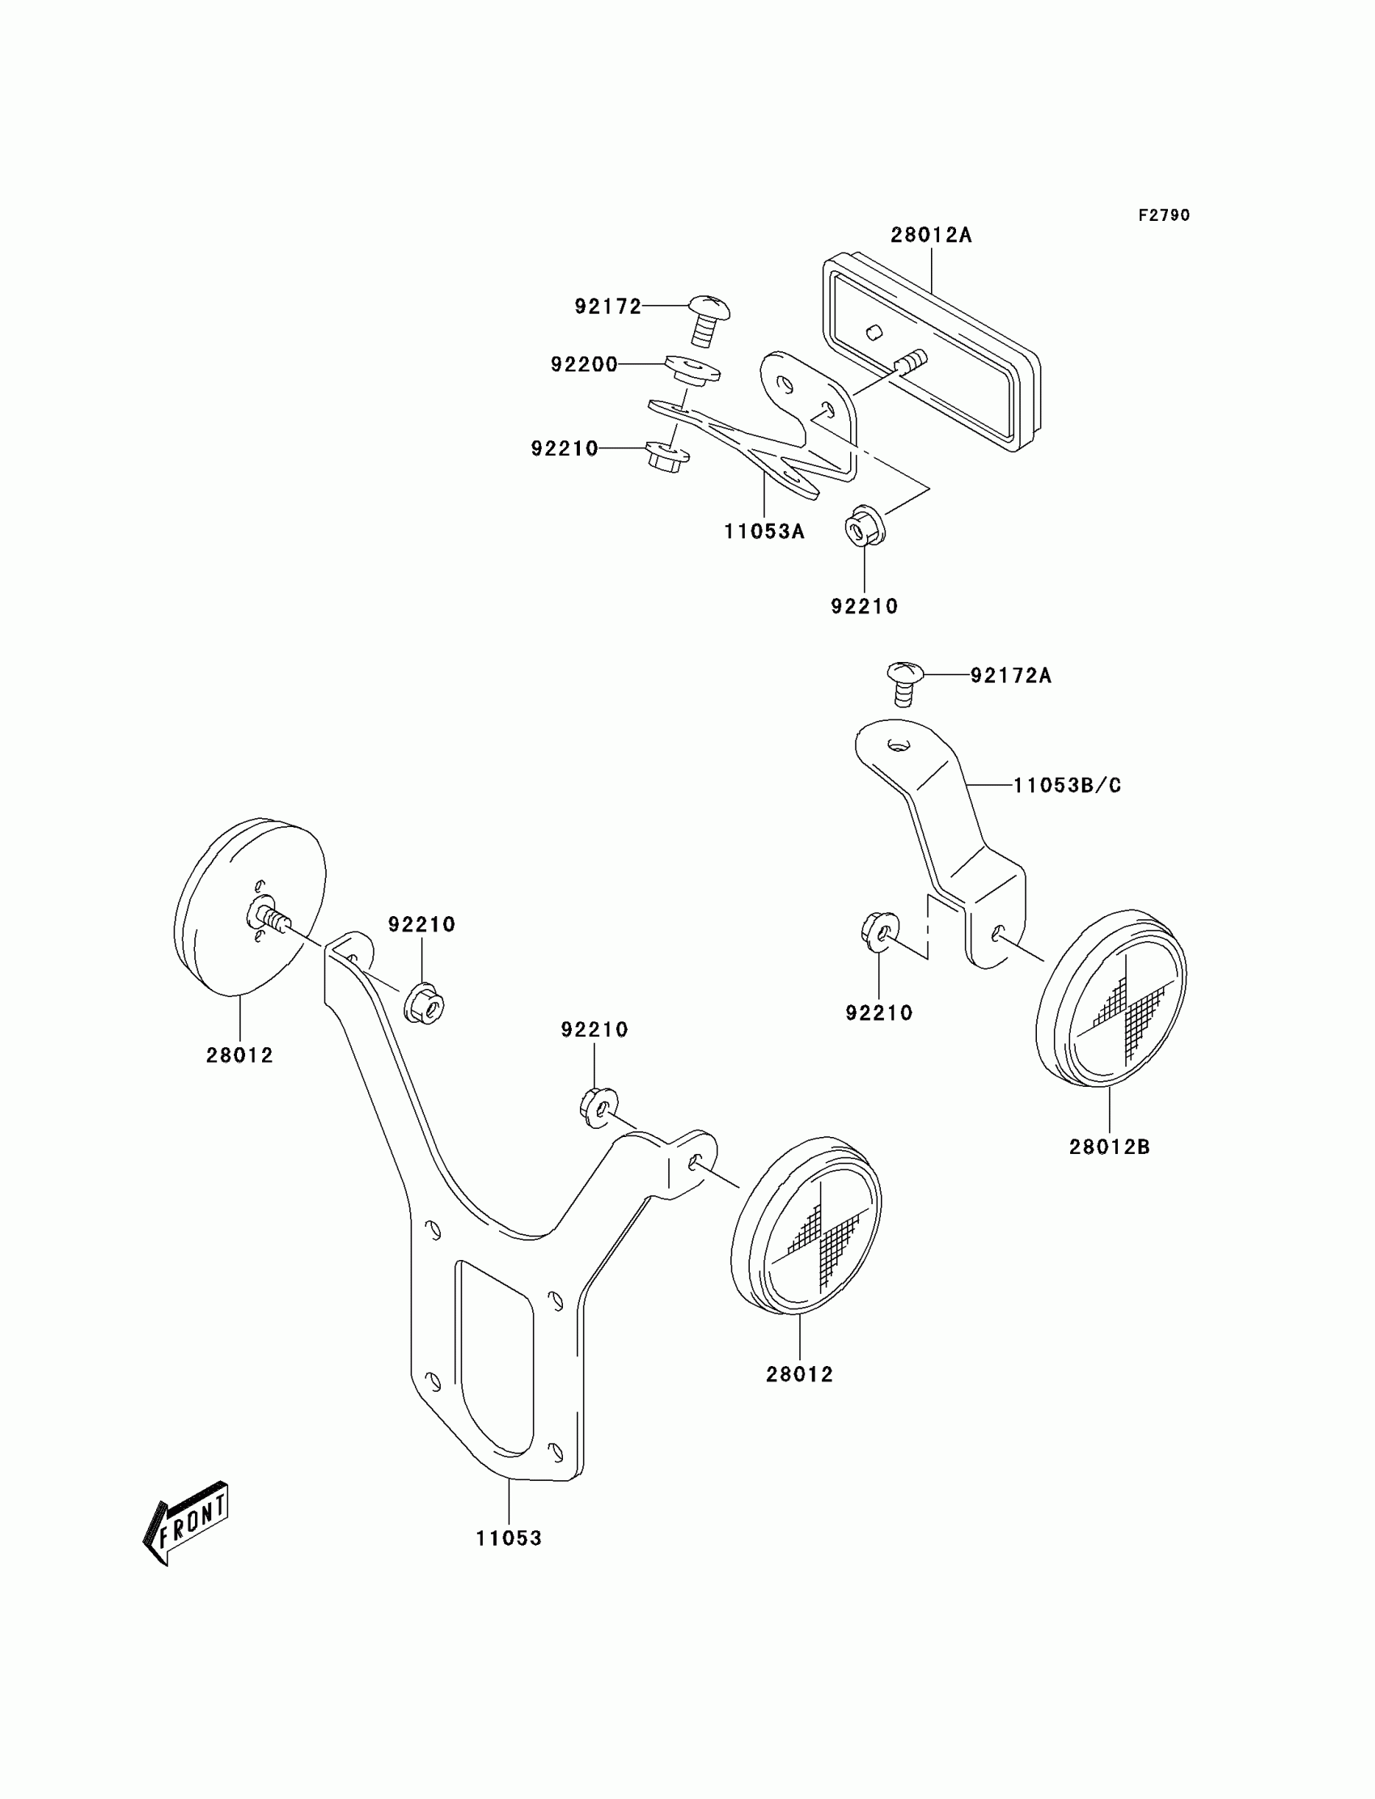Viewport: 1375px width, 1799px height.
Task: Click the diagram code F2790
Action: coord(1164,215)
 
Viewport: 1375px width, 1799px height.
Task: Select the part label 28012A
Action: coord(931,235)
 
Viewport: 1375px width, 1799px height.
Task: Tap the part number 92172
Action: coord(607,306)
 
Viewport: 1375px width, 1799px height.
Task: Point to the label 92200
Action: coord(583,364)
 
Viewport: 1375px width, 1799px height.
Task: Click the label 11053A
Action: coord(764,532)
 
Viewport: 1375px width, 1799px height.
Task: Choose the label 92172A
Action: coord(1011,676)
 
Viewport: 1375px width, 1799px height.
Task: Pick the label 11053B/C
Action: coord(1067,785)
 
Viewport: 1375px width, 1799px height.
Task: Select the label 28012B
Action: coord(1109,1148)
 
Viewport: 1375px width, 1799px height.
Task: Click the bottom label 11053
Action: coord(509,1538)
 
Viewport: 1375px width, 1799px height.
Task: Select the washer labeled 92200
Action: coord(692,369)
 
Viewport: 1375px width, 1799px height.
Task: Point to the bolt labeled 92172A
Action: coord(903,682)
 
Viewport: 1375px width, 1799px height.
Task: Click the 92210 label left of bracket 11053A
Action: coord(564,448)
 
